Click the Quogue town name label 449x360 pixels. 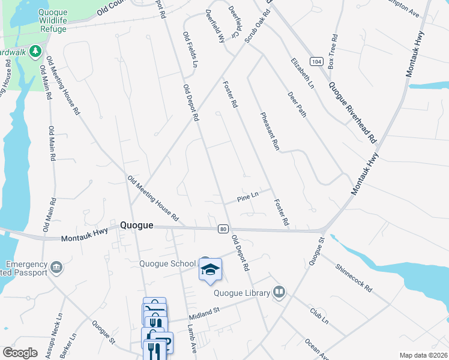click(x=137, y=226)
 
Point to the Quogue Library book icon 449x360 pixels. click(x=278, y=292)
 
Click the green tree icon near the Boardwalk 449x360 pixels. click(x=36, y=52)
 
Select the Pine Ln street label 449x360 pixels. click(x=247, y=195)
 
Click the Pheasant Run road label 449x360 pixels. click(x=268, y=130)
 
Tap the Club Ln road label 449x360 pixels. click(x=319, y=316)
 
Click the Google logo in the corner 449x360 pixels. click(x=20, y=353)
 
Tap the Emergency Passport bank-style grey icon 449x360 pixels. click(x=57, y=266)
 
